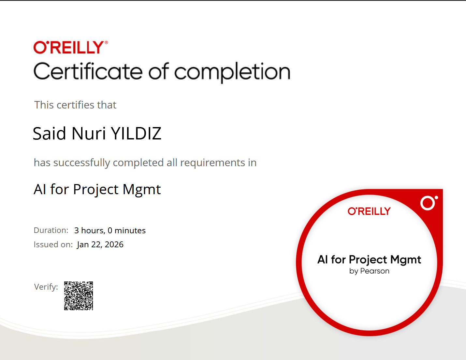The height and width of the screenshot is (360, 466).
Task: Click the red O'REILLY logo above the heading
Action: coord(70,48)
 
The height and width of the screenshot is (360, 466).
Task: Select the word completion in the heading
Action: coord(232,72)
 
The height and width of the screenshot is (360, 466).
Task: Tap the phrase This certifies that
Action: coord(75,105)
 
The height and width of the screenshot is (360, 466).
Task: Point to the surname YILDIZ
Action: coord(136,134)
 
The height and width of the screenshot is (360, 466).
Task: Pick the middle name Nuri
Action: coord(89,134)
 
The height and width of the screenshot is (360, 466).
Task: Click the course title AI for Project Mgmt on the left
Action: coord(97,190)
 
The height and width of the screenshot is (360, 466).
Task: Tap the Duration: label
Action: coord(51,230)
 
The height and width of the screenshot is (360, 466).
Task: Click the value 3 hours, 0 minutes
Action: coord(110,231)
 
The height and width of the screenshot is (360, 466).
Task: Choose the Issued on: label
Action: coord(53,245)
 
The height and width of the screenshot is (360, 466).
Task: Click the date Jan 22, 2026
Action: coord(100,245)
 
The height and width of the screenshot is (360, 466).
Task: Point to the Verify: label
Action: coord(46,287)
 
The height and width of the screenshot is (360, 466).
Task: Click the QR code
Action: coord(79,296)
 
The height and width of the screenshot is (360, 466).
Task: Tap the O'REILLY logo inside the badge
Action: coord(369,211)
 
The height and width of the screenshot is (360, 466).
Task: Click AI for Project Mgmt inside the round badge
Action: coord(369,260)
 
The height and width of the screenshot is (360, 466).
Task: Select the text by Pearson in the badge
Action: coord(369,271)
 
